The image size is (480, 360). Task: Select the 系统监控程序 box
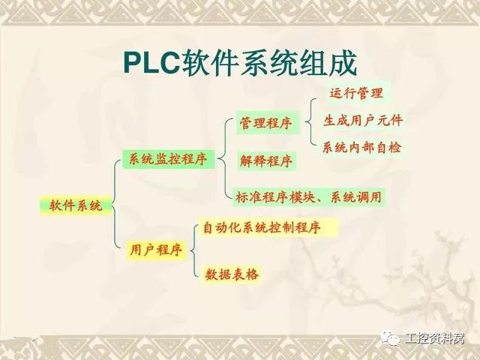coord(167,159)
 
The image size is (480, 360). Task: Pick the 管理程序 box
coord(265,123)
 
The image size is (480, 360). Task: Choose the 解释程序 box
coord(265,160)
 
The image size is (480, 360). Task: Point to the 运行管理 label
coord(356,93)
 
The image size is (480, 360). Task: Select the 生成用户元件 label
coord(363,120)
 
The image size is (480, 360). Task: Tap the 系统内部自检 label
coord(362,147)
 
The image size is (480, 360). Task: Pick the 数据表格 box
coord(232,275)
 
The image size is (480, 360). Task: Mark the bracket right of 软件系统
coord(114,205)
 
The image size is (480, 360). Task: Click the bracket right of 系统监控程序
coord(226,159)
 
